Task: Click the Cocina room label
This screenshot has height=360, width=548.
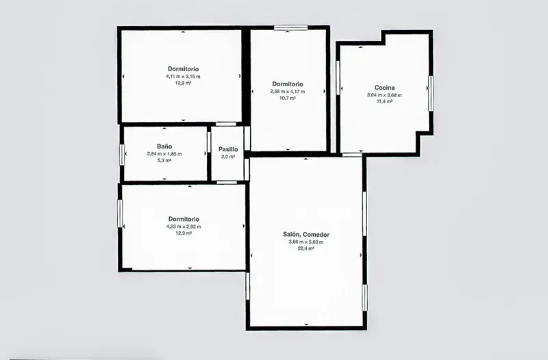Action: (x=384, y=88)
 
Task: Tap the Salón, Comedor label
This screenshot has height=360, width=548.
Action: (x=306, y=235)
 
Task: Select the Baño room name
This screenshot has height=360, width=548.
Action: (x=164, y=146)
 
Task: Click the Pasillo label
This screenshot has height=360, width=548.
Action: (x=228, y=149)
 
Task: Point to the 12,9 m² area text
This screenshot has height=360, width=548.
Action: (x=183, y=83)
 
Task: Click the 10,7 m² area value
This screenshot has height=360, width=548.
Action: (x=288, y=98)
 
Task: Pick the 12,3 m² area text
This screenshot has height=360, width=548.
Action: (x=184, y=233)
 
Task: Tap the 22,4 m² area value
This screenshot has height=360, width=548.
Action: (x=306, y=248)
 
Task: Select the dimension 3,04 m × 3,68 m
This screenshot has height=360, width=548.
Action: (x=384, y=95)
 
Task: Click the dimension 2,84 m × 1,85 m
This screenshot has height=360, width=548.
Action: (x=164, y=153)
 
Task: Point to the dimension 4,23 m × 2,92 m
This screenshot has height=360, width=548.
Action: (x=184, y=227)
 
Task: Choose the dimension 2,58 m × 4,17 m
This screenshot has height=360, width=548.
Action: (x=288, y=92)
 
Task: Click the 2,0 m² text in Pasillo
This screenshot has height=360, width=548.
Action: (x=228, y=157)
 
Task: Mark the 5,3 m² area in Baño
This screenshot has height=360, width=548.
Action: (x=164, y=161)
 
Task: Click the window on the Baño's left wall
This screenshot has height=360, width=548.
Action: (x=122, y=155)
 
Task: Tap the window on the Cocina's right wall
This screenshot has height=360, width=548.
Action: (x=431, y=94)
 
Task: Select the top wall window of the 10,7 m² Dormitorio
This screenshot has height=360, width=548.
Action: (x=290, y=27)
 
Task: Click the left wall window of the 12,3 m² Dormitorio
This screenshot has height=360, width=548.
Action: (x=120, y=214)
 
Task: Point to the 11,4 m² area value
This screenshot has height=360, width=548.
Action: (x=384, y=101)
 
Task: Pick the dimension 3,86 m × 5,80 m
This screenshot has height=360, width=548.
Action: (x=306, y=242)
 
